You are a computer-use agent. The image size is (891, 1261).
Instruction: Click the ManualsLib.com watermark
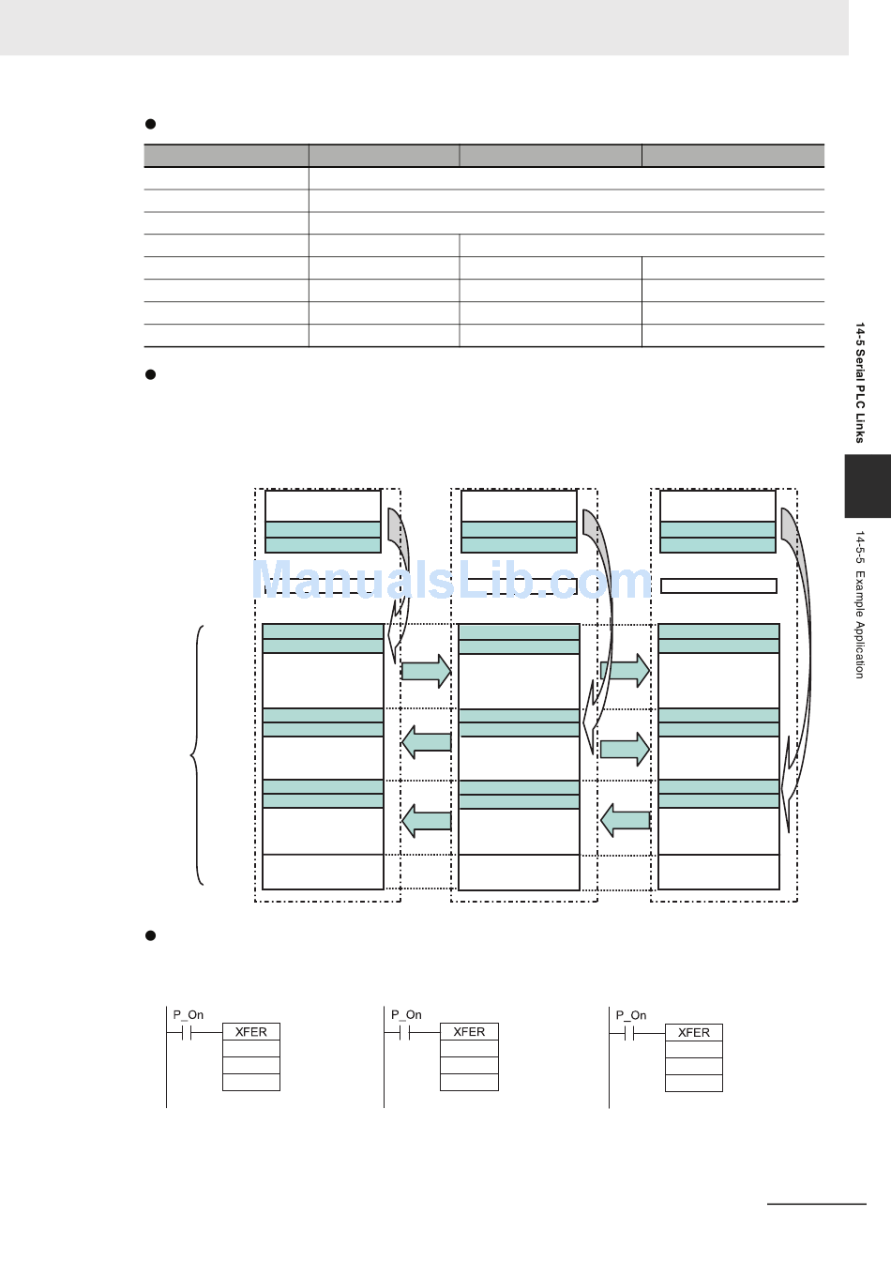pos(452,579)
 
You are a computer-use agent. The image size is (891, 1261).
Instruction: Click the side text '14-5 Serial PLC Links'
pos(860,383)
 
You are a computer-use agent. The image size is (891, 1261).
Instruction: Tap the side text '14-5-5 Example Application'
pos(860,604)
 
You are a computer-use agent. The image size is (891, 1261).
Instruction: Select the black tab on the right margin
pos(868,486)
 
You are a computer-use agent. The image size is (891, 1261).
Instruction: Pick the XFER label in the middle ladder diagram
pos(469,1031)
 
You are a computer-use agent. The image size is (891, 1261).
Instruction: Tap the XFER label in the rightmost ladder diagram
pos(693,1032)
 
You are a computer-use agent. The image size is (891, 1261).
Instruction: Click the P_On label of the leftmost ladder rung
pos(188,1015)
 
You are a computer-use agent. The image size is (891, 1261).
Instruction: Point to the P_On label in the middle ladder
pos(406,1015)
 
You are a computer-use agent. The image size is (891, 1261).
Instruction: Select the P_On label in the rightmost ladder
pos(631,1015)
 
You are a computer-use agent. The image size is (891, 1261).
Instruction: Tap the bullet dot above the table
pos(150,124)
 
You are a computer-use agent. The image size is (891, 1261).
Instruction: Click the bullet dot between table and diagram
pos(150,374)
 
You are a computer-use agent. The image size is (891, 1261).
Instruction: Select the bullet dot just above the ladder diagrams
pos(150,935)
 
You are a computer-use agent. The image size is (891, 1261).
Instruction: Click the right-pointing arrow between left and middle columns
pos(426,671)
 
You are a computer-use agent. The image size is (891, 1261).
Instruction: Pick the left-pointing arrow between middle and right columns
pos(626,820)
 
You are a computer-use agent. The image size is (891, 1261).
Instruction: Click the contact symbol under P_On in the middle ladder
pos(404,1033)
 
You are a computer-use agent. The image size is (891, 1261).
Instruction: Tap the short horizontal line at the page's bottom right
pos(817,1204)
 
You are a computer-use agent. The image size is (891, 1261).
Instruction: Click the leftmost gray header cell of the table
pos(226,156)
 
